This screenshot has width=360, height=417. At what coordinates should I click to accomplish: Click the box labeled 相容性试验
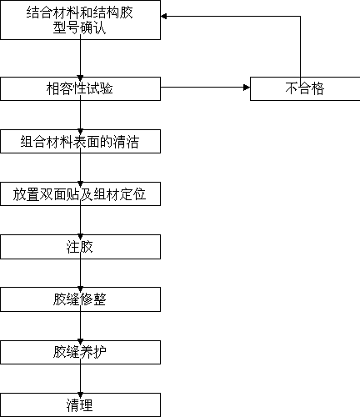coord(80,88)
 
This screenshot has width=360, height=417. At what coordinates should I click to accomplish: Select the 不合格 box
coord(305,88)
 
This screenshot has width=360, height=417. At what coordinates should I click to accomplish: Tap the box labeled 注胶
coord(80,247)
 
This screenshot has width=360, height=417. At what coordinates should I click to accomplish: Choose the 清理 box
coord(80,404)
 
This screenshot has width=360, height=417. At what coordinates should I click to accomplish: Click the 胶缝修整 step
coord(80,299)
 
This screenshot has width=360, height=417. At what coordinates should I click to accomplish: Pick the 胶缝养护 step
coord(80,352)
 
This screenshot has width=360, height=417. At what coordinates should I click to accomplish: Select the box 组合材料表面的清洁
coord(80,141)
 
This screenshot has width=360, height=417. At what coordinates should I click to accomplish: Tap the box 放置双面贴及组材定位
coord(80,194)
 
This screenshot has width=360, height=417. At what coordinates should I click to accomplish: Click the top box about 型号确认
coord(80,20)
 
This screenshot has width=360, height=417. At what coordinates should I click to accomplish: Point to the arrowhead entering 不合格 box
coord(247,88)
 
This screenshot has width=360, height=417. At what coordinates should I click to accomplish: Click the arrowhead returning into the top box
coord(164,17)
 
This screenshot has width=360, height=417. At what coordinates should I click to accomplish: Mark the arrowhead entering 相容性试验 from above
coord(80,78)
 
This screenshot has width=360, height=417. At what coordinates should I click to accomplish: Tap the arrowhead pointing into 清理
coord(80,395)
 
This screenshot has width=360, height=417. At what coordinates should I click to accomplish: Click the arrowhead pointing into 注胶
coord(80,237)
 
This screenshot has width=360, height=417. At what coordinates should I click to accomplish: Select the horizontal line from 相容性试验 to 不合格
coord(205,88)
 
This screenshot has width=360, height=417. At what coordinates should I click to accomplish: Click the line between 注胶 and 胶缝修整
coord(80,273)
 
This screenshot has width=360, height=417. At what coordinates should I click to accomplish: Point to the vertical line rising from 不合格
coord(300,47)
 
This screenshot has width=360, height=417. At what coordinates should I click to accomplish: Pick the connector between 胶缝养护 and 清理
coord(80,379)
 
